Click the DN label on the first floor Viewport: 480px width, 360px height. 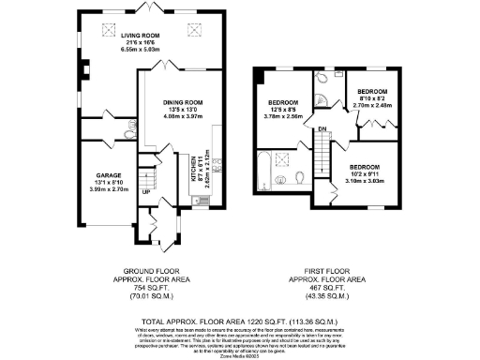click(x=320, y=129)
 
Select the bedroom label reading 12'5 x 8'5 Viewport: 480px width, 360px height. click(x=283, y=102)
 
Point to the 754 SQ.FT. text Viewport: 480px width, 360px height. click(x=151, y=288)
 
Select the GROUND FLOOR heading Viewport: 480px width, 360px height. click(x=151, y=271)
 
